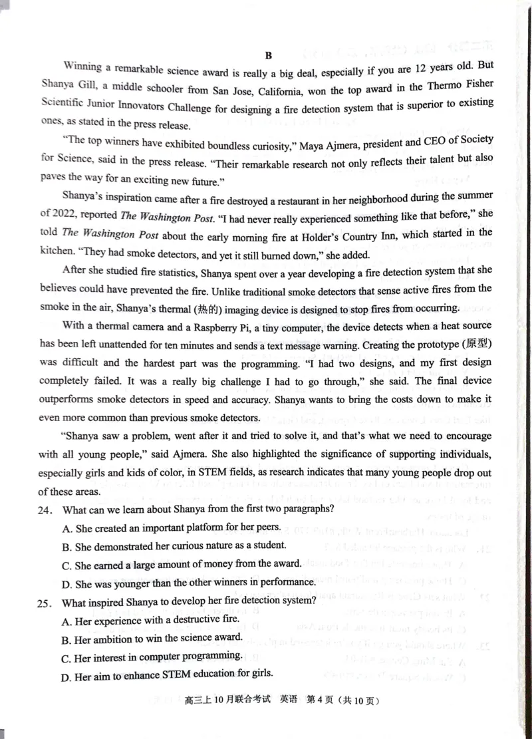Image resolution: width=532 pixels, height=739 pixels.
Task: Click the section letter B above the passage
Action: tap(269, 56)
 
